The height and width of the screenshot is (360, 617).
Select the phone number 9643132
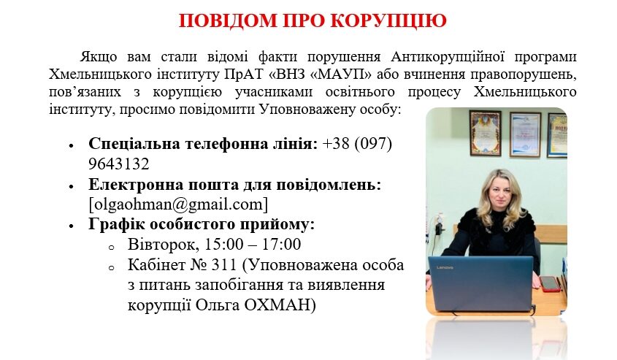pyautogui.click(x=119, y=164)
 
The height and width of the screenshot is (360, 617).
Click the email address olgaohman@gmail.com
pyautogui.click(x=178, y=204)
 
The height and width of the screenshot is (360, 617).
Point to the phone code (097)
pyautogui.click(x=373, y=144)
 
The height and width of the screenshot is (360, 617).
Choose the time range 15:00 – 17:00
pyautogui.click(x=253, y=245)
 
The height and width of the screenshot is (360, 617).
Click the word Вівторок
pyautogui.click(x=164, y=245)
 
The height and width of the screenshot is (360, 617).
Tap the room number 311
pyautogui.click(x=224, y=265)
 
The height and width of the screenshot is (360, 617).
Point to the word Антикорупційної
pyautogui.click(x=448, y=57)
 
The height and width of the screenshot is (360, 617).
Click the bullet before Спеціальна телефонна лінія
pyautogui.click(x=72, y=145)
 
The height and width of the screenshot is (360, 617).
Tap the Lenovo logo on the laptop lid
pyautogui.click(x=445, y=267)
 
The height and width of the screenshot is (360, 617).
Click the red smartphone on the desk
pyautogui.click(x=550, y=283)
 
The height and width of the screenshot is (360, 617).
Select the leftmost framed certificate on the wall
pyautogui.click(x=486, y=133)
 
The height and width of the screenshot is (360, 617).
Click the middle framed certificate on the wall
pyautogui.click(x=525, y=135)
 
